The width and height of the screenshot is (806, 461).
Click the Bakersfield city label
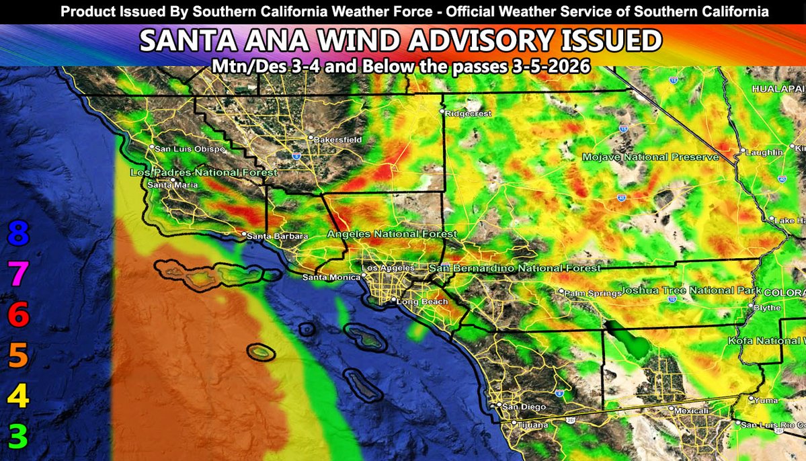point(338,140)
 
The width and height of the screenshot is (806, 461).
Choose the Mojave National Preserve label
point(649,157)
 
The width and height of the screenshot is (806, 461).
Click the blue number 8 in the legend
point(18,235)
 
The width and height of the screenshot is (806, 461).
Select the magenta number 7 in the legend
point(18,274)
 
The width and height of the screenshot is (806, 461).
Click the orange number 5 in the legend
point(18,355)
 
